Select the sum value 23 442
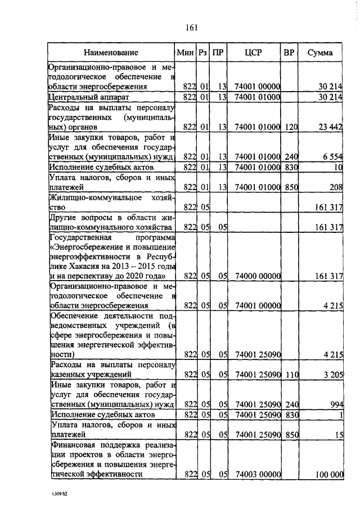point(330,127)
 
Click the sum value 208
point(336,187)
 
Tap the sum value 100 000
point(329,474)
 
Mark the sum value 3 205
point(333,373)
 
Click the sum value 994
point(336,403)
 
